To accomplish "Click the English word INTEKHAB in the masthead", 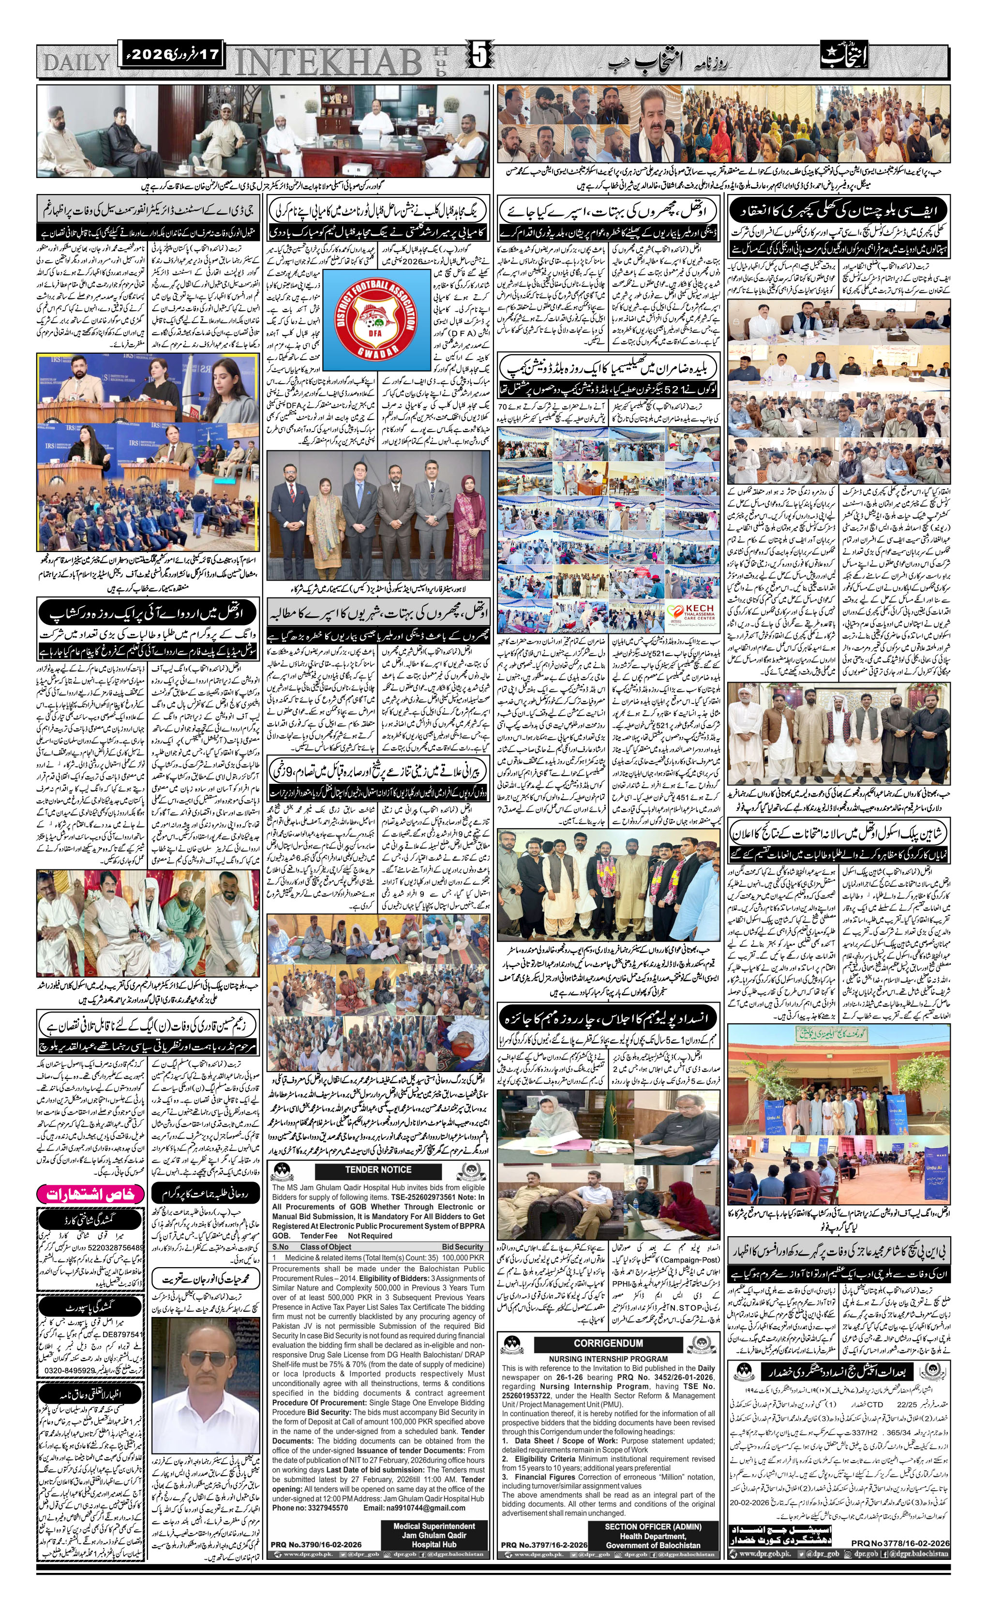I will click(328, 62).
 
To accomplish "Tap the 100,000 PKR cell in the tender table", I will click(462, 1258).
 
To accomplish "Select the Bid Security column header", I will click(462, 1247).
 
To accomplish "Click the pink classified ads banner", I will click(90, 1194).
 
